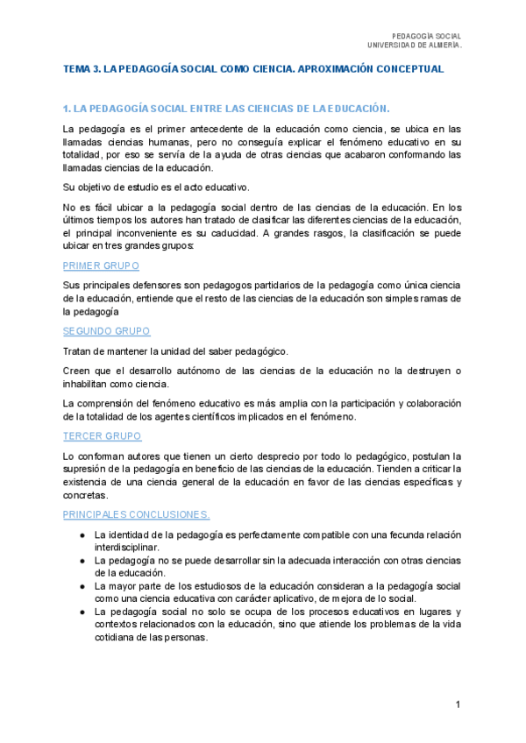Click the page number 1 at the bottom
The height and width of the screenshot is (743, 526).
pos(458,704)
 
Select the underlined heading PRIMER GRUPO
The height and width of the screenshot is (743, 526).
pos(101,265)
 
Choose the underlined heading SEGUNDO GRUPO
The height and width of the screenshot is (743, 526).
pos(106,331)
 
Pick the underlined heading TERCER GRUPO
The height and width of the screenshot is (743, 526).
pos(103,435)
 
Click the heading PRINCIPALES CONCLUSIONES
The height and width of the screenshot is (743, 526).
pos(136,514)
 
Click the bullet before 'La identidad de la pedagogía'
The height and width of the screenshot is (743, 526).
pos(82,534)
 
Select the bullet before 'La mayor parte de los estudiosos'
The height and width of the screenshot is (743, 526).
pos(82,585)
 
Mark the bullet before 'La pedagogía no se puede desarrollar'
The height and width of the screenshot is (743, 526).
pos(82,560)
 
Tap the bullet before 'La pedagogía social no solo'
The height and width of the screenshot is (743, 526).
pos(82,611)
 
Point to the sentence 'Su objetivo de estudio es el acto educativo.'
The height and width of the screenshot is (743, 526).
pos(157,187)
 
